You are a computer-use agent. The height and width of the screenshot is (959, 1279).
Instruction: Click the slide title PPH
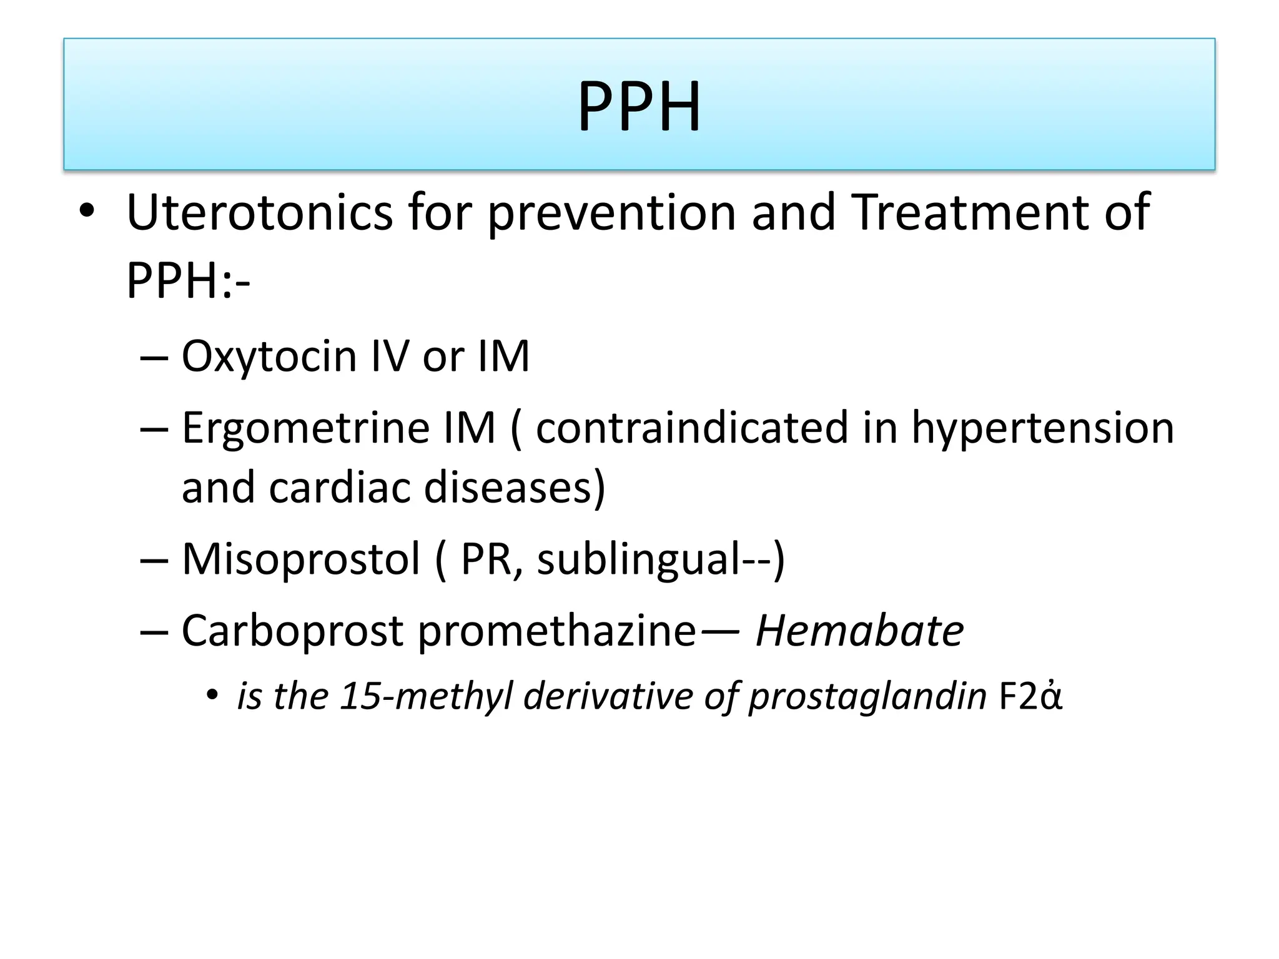pyautogui.click(x=639, y=106)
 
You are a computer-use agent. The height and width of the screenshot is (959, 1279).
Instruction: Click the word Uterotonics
pyautogui.click(x=259, y=212)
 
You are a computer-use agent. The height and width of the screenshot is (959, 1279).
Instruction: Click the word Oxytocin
pyautogui.click(x=269, y=357)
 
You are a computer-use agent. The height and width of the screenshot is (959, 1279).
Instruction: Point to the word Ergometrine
pyautogui.click(x=305, y=428)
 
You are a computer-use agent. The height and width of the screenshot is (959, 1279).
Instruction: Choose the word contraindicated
pyautogui.click(x=691, y=428)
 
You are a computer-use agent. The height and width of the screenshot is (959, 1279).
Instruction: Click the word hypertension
pyautogui.click(x=1042, y=428)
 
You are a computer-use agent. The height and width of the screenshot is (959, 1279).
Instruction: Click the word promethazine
pyautogui.click(x=556, y=631)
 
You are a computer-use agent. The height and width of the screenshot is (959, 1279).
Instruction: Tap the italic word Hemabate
pyautogui.click(x=859, y=631)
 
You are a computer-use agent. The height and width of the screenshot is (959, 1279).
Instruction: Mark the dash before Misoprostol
pyautogui.click(x=154, y=560)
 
